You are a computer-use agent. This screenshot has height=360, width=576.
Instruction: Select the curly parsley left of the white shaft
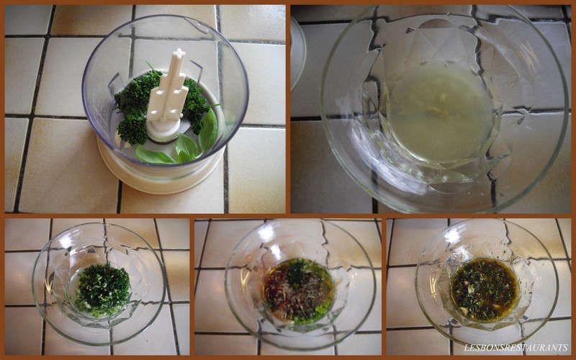click(x=135, y=107)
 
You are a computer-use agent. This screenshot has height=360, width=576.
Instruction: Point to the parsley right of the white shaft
click(x=195, y=104)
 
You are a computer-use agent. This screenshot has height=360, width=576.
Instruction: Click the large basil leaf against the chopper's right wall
click(x=209, y=130)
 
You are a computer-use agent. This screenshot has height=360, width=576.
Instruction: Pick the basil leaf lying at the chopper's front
click(x=154, y=156)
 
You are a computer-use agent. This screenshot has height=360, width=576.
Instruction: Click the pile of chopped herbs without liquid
click(x=102, y=291)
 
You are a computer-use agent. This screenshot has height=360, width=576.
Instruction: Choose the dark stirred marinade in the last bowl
click(x=485, y=289)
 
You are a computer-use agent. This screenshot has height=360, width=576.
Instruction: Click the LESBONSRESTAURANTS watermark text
click(x=516, y=347)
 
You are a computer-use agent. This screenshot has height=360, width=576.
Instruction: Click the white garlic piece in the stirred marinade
click(x=471, y=290)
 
